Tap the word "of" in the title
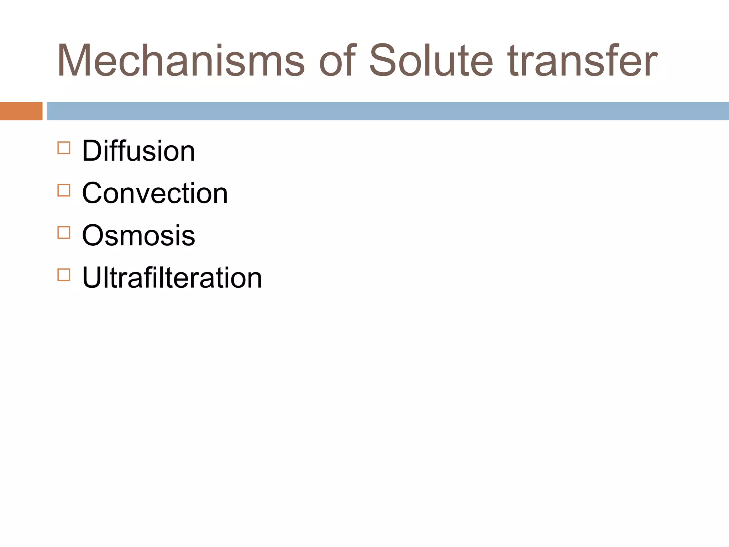click(x=337, y=61)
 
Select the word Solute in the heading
click(x=431, y=61)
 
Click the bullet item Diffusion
click(x=138, y=151)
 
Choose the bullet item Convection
click(x=155, y=193)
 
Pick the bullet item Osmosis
click(x=138, y=235)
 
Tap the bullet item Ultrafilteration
click(x=172, y=277)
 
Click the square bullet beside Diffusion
click(x=64, y=148)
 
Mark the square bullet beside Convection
click(x=64, y=190)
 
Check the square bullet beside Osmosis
click(x=64, y=232)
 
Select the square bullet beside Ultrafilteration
click(x=64, y=275)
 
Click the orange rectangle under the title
click(x=21, y=111)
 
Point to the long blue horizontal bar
click(x=388, y=111)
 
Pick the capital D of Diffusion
click(x=93, y=151)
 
